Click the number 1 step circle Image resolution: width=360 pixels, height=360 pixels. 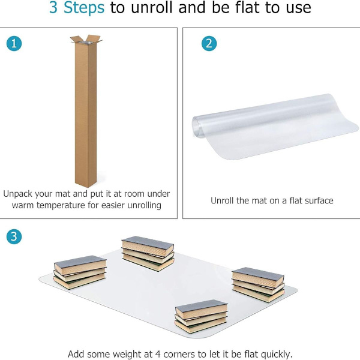click(14, 43)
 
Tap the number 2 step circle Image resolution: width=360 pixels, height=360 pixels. click(209, 43)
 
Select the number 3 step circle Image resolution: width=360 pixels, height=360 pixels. click(14, 236)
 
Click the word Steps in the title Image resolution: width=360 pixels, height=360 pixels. click(84, 8)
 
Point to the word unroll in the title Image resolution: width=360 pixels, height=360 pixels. click(152, 7)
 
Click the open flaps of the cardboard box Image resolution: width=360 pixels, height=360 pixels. click(86, 40)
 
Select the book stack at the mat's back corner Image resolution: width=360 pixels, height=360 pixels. click(148, 253)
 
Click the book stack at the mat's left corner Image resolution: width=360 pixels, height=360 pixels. click(80, 272)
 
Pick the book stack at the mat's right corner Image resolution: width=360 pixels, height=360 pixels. click(258, 284)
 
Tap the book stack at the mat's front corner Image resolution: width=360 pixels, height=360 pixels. click(201, 316)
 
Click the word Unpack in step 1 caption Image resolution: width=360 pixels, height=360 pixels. click(18, 194)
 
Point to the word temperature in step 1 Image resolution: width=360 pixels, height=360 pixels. click(60, 205)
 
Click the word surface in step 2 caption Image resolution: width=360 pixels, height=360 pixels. click(319, 200)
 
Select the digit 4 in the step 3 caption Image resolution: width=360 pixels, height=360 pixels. click(158, 354)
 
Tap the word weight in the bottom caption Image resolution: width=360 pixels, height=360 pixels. click(127, 355)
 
